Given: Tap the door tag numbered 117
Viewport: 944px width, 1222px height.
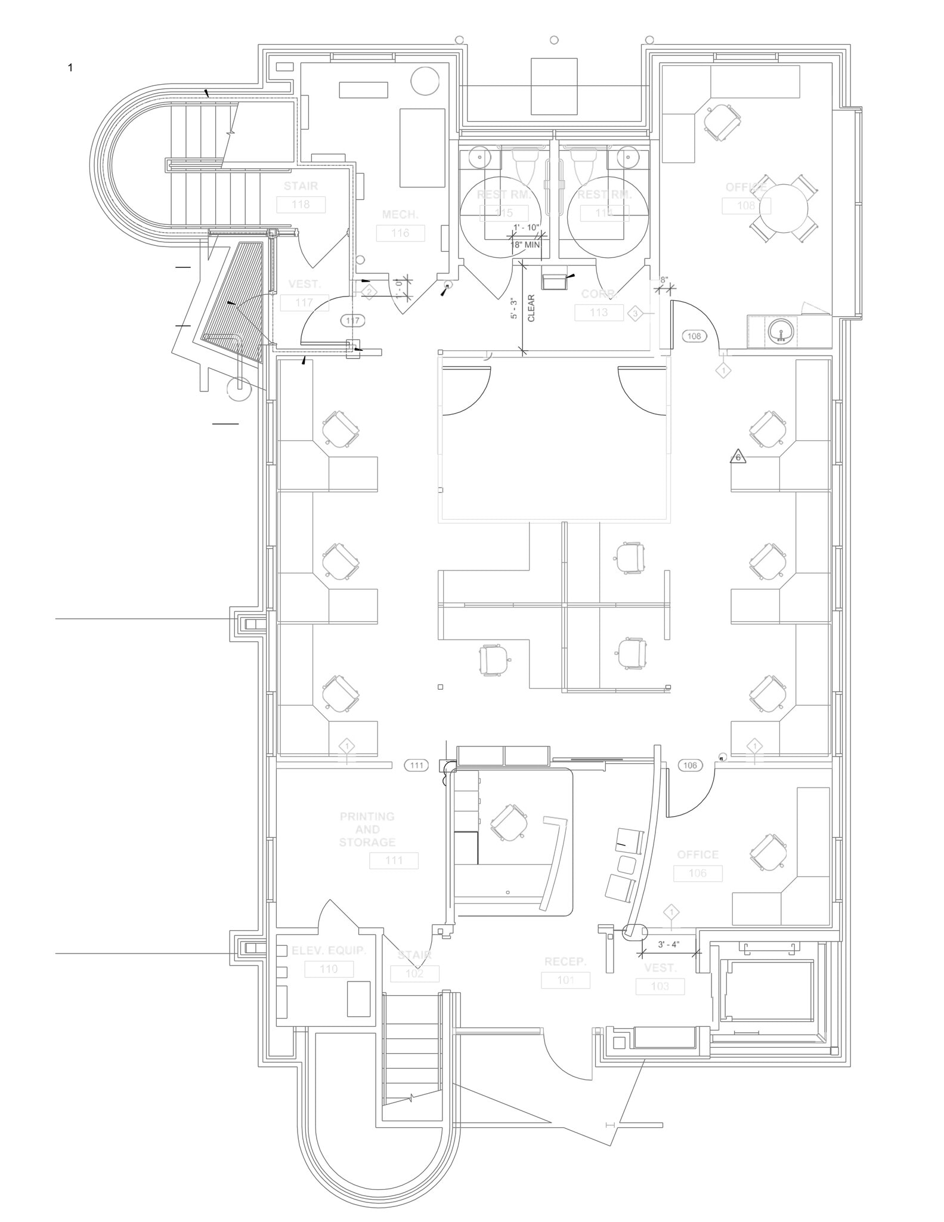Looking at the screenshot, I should pos(352,321).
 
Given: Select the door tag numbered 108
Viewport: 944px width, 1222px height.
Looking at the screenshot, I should pos(694,336).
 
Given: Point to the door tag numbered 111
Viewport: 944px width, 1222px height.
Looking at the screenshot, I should pos(416,765).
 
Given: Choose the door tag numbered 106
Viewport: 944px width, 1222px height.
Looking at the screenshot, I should pos(690,765).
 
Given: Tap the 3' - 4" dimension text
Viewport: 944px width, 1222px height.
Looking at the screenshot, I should pos(668,945).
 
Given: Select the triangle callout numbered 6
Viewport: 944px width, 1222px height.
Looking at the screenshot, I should pos(738,457).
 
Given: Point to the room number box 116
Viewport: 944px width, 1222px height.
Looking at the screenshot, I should pos(400,233).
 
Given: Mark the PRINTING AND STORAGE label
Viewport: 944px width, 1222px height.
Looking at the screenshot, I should pos(367,829).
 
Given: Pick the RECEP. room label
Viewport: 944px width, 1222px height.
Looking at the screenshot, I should pos(565,962).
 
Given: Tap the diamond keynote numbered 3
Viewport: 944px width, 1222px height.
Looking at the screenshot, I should pos(636,314).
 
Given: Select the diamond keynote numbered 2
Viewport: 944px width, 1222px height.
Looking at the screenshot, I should pos(370,292).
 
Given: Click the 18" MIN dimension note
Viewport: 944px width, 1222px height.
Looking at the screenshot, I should pos(525,244).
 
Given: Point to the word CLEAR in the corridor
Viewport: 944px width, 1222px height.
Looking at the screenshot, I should pos(531,308).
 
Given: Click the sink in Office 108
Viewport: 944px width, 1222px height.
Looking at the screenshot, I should pos(781,332).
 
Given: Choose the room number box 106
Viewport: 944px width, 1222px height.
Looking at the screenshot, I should pos(698,874).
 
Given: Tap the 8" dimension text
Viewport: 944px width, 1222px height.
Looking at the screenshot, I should pos(664,279).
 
